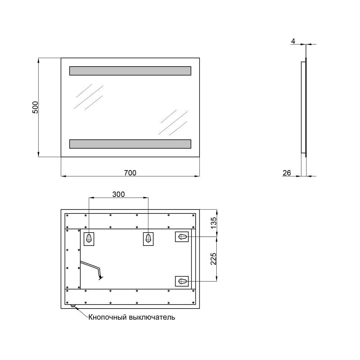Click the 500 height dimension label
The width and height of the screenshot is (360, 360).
click(x=35, y=107)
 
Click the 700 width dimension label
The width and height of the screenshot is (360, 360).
click(x=130, y=173)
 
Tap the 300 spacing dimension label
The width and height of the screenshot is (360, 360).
click(x=118, y=194)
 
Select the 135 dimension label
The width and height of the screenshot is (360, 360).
click(x=213, y=223)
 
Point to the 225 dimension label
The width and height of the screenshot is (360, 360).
click(x=213, y=259)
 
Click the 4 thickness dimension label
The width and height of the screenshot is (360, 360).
click(x=293, y=41)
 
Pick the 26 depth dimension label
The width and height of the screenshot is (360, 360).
click(x=287, y=173)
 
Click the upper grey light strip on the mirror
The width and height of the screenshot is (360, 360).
click(x=130, y=71)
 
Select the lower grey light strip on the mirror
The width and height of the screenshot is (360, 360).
click(x=130, y=144)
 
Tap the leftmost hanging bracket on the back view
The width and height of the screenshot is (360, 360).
click(x=89, y=239)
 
